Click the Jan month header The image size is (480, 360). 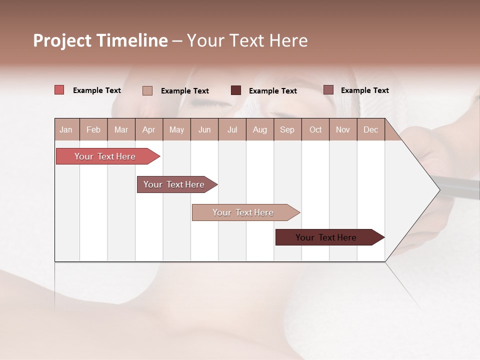coord(66,129)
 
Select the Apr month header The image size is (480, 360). coord(148,129)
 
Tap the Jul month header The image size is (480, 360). coord(232,129)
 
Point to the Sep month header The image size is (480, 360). coord(287,129)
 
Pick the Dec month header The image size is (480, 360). coord(370,129)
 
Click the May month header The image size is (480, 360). coord(176,129)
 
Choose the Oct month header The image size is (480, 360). coord(315,129)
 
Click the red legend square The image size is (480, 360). coord(59,90)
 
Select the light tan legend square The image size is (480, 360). coord(147,90)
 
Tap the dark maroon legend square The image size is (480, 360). coord(236,90)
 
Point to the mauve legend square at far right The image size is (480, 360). coord(328,90)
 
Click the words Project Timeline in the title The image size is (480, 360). coord(100,40)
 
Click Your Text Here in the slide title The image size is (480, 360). coord(247,40)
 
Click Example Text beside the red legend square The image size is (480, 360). coord(97,90)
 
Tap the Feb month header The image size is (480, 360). coord(93,129)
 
